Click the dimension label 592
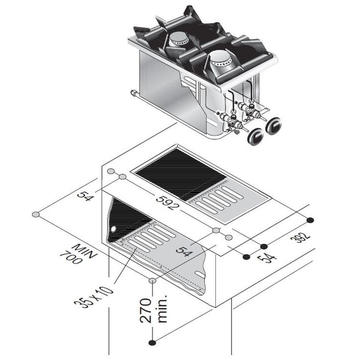168,202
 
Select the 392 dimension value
300,237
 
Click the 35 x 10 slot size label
94,297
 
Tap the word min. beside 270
162,309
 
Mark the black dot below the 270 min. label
152,343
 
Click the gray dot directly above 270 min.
152,281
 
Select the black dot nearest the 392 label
310,220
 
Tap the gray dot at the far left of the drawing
36,214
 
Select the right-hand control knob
273,126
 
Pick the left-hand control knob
256,137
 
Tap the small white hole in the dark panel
113,229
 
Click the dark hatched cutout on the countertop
181,174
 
